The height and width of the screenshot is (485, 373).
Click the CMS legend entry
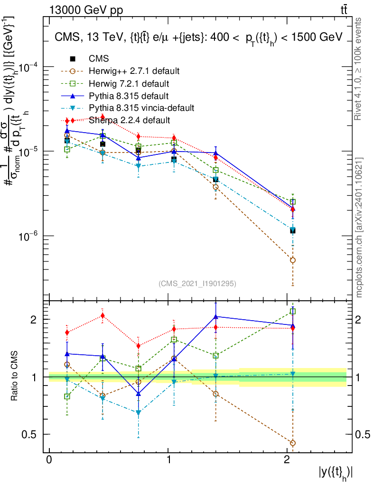[99, 59]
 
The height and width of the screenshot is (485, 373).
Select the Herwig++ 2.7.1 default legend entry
[134, 71]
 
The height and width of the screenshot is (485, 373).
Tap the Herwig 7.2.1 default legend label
[129, 83]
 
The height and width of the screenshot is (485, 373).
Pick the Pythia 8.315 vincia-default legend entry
[141, 108]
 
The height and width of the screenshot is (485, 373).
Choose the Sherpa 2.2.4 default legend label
[129, 120]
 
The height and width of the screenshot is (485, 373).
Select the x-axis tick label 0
[49, 460]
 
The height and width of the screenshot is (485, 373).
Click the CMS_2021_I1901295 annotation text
[197, 283]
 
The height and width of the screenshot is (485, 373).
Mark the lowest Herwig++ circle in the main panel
[293, 260]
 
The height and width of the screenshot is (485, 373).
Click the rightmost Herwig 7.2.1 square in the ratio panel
[293, 311]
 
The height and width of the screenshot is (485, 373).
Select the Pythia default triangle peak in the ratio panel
[216, 316]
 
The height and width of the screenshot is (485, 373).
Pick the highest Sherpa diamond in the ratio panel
[103, 315]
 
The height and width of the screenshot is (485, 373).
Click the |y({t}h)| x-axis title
[336, 472]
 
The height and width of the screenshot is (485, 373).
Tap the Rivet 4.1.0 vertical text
[360, 69]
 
